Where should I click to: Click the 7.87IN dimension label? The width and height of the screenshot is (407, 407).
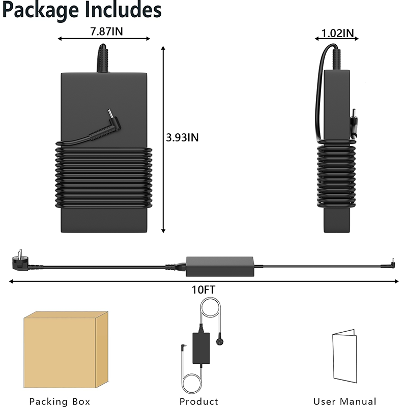pos(106,32)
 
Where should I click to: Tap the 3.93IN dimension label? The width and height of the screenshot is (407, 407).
pos(182,137)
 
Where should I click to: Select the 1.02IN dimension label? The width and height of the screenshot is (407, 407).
pos(337,33)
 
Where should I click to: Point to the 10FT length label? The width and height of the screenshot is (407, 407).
pos(203,290)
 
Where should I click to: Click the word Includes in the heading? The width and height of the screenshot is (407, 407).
pos(123,9)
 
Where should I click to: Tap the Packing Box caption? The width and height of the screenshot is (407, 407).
pos(60,401)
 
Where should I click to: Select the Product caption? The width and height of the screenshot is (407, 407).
pos(199,401)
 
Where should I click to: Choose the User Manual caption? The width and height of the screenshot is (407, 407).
pos(345,401)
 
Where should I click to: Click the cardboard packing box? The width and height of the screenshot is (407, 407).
pos(66,350)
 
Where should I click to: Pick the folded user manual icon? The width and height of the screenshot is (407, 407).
pos(345,356)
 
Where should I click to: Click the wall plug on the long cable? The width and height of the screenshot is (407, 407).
pos(20,260)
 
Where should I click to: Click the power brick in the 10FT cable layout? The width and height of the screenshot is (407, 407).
pos(220,267)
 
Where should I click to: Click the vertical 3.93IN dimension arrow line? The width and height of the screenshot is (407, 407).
pos(163,139)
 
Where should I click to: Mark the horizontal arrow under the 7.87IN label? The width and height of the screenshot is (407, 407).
pos(104,39)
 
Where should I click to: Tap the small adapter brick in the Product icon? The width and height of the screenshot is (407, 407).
pos(201,348)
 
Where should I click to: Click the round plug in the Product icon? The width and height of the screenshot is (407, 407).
pos(220,342)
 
